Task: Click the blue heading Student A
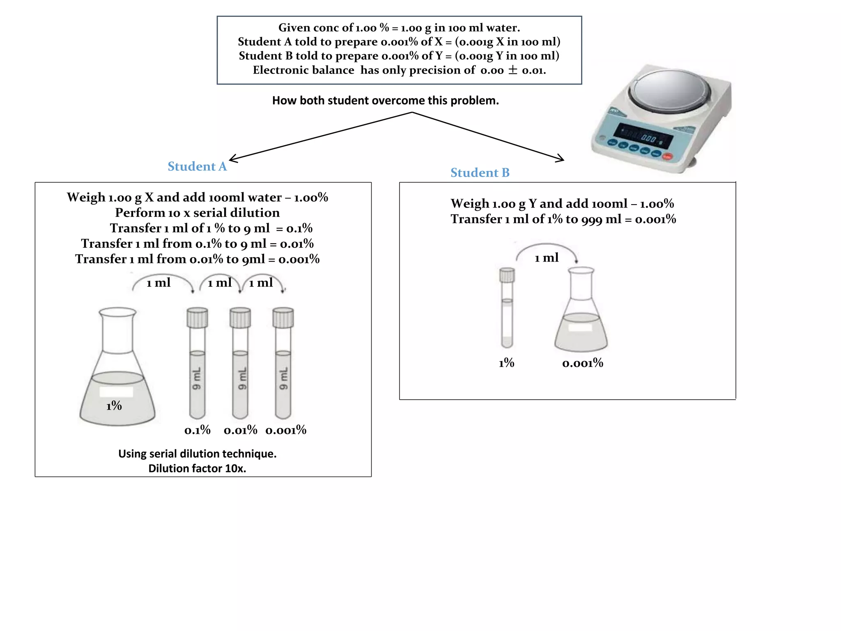click(x=197, y=166)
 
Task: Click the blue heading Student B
click(x=480, y=173)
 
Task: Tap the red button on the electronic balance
click(x=667, y=157)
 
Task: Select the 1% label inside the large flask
click(x=114, y=406)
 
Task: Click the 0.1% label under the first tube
click(x=197, y=430)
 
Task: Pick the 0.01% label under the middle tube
click(x=240, y=430)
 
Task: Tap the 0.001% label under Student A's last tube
click(x=286, y=430)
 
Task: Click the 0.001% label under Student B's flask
click(x=582, y=363)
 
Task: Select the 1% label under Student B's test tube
click(x=506, y=363)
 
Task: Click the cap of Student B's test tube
click(x=507, y=275)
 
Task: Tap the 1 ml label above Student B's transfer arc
click(x=547, y=258)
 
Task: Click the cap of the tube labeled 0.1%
click(x=197, y=318)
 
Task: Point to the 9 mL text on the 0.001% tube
click(x=283, y=379)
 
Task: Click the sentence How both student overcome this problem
click(x=385, y=101)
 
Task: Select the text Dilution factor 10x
click(x=197, y=468)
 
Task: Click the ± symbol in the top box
click(x=512, y=70)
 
